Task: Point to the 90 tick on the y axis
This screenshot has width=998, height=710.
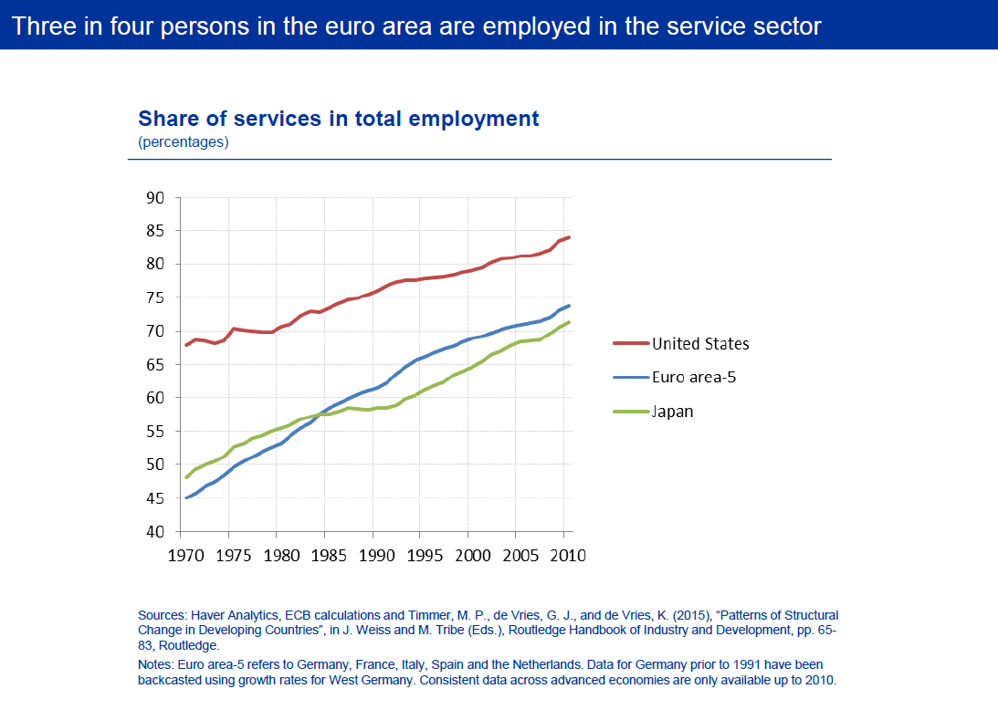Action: (154, 198)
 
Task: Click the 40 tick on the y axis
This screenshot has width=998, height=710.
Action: (154, 532)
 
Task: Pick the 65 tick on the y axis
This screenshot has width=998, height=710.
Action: (154, 365)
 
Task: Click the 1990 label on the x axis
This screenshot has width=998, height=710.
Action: (373, 554)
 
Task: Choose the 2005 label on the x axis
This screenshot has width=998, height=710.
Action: (516, 554)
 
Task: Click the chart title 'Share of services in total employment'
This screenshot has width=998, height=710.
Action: (338, 119)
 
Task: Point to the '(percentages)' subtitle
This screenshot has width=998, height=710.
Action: (184, 141)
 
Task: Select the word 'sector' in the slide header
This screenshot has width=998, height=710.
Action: (785, 26)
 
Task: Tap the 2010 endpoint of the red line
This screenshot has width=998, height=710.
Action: (569, 237)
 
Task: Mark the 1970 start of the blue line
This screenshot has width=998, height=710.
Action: (187, 497)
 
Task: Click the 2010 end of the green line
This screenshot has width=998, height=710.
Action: (569, 322)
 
